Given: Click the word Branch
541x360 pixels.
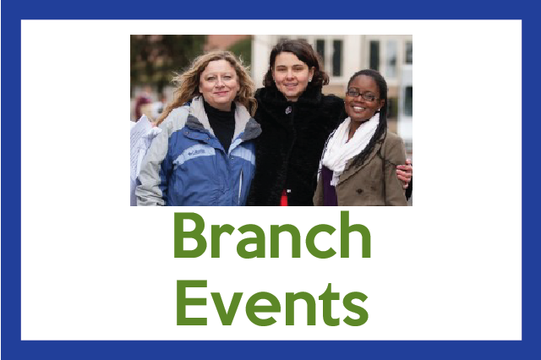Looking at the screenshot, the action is coord(272,235).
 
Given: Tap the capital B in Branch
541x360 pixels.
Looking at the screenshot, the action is coord(190,236).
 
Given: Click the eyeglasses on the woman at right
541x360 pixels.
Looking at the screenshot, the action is coord(363,95).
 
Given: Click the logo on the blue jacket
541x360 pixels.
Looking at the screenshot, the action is coord(197,151).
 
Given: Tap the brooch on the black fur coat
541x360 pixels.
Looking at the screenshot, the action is coord(288,110).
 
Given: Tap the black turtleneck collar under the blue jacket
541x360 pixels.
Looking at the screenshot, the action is coord(221,123).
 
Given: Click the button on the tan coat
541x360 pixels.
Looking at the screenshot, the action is coord(359,191).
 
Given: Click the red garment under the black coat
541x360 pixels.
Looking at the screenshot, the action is coord(284,198).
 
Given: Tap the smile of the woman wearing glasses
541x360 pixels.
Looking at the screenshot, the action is coord(358,108).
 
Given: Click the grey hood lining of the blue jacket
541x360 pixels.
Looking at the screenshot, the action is coord(249,125).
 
